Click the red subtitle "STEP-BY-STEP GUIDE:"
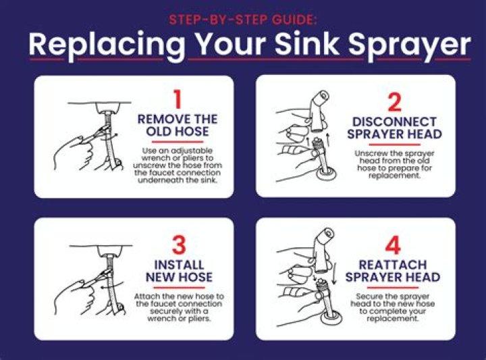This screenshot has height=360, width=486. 243,20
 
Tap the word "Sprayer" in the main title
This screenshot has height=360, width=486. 410,46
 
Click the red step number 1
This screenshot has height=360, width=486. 177,99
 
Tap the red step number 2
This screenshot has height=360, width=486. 395,102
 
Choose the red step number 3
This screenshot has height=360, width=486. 179,245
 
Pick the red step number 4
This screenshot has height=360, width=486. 393,245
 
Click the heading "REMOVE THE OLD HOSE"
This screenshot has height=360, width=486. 178,125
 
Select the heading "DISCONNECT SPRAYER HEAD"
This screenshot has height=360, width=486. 394,128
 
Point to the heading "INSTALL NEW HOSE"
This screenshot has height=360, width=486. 179,271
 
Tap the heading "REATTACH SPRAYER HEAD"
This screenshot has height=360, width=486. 393,271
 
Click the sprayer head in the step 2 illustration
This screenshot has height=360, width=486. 319,111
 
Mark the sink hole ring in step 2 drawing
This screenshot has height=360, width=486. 326,174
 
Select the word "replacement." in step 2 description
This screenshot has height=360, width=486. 394,176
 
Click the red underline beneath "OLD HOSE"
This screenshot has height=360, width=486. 178,142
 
